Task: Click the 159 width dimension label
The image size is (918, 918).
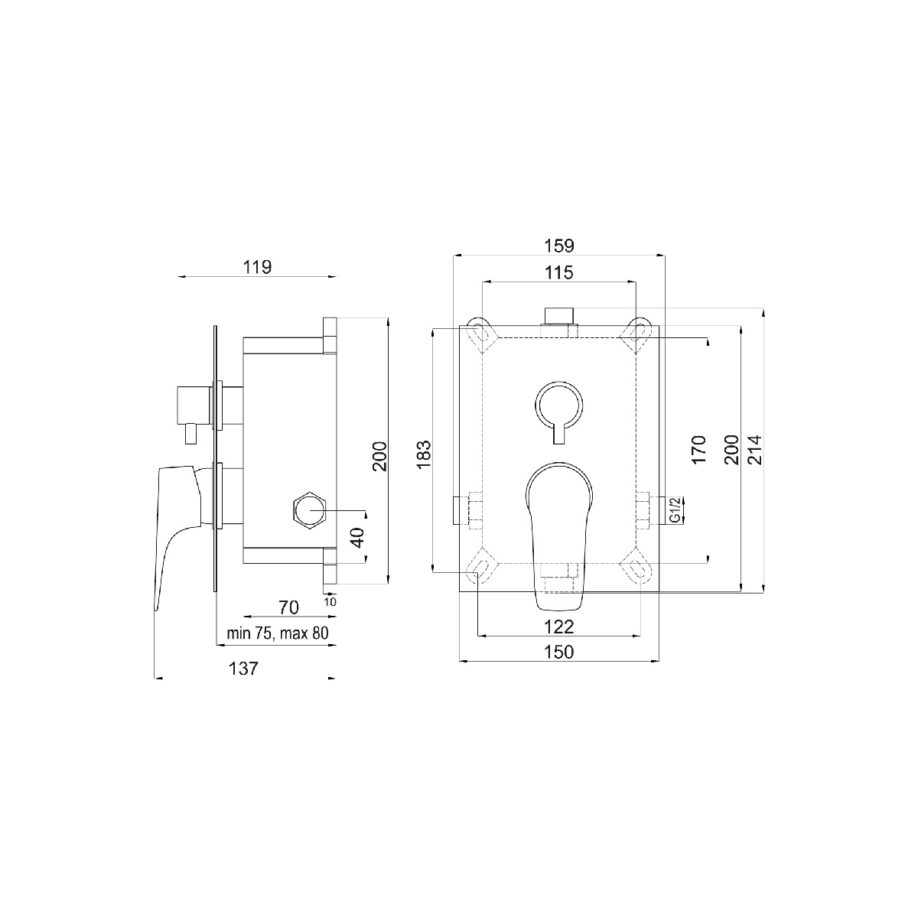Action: (558, 246)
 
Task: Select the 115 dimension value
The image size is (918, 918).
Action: (558, 273)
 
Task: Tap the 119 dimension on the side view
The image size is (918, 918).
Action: (257, 267)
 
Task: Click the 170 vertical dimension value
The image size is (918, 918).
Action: (698, 449)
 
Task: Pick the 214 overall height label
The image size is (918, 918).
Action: (756, 450)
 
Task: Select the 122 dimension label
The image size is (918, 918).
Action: (558, 627)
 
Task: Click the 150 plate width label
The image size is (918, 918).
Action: (558, 652)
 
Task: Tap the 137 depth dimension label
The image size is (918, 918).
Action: (243, 669)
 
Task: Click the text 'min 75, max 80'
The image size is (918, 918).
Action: (278, 633)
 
